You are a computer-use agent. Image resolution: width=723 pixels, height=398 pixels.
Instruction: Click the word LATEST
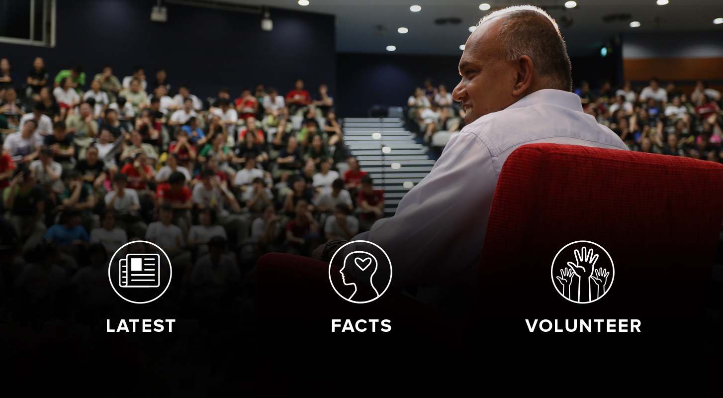click(x=141, y=326)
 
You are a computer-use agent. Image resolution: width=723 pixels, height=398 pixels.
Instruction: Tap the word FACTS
click(x=361, y=326)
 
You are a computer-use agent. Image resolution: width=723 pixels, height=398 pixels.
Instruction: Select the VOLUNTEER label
click(x=583, y=326)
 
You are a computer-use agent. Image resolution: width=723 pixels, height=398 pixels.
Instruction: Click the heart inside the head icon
click(x=363, y=264)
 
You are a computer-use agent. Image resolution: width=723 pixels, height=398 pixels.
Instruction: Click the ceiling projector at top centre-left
click(x=159, y=12)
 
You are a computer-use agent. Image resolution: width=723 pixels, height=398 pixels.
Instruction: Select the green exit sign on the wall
click(x=604, y=51)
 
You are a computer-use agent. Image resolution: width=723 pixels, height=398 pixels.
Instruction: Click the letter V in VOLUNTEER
click(x=533, y=326)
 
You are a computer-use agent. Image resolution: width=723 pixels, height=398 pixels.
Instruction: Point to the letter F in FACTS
click(x=336, y=326)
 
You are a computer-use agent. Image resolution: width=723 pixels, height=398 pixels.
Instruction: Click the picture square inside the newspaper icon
click(x=136, y=264)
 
